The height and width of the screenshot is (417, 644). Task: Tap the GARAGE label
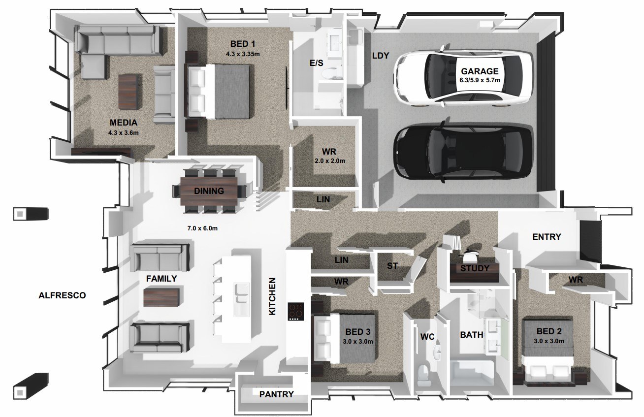480,71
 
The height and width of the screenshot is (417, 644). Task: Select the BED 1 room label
243,44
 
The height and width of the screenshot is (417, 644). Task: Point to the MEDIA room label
124,123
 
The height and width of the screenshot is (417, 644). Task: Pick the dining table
209,191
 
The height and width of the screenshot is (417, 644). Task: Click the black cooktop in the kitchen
296,312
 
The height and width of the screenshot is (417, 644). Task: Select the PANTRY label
276,394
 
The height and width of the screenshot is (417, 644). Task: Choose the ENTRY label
547,237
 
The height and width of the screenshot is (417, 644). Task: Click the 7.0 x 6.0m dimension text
202,228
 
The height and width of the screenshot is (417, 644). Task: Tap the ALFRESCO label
62,295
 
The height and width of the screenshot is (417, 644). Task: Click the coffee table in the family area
161,297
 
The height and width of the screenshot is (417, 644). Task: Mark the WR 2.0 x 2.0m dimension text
329,161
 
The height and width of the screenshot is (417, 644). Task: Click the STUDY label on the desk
475,268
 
